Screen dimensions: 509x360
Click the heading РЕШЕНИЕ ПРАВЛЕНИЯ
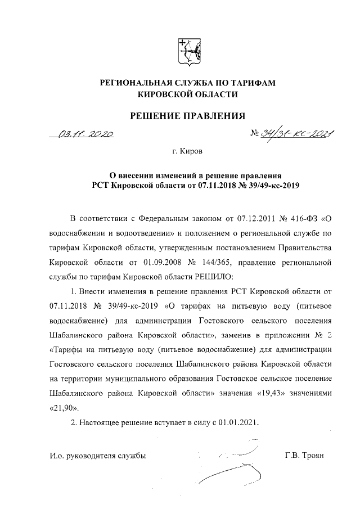click(188, 116)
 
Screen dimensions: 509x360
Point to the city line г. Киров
click(188, 151)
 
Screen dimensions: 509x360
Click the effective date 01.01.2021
click(238, 422)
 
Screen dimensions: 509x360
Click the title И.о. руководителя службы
click(97, 456)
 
